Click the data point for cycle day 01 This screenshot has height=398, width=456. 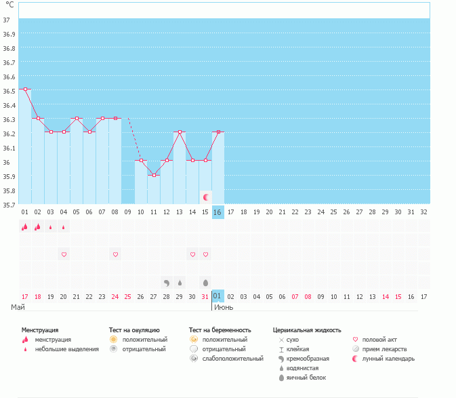[x=25, y=89]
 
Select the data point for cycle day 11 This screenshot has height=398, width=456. [x=154, y=175]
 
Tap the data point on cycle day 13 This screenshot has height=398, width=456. [x=180, y=132]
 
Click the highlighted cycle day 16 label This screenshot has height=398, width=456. [x=217, y=212]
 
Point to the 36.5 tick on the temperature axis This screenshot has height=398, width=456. [x=9, y=89]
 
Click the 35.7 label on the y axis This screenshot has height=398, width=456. [x=9, y=203]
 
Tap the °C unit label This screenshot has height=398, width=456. [x=9, y=5]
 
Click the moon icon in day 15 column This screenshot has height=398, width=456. [x=206, y=197]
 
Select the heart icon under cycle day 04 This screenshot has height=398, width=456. [x=64, y=254]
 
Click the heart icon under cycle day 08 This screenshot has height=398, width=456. [x=115, y=254]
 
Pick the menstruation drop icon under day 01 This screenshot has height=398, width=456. [x=25, y=227]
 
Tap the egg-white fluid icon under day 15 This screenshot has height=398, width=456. [x=205, y=282]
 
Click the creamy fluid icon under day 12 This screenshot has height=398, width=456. [x=167, y=282]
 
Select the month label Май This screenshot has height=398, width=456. [x=18, y=307]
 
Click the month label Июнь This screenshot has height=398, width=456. [x=225, y=307]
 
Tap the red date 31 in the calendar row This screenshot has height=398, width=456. [x=205, y=296]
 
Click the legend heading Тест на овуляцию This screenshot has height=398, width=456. [x=134, y=330]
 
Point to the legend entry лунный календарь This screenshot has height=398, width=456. [x=388, y=358]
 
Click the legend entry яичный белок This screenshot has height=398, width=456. [x=307, y=377]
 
